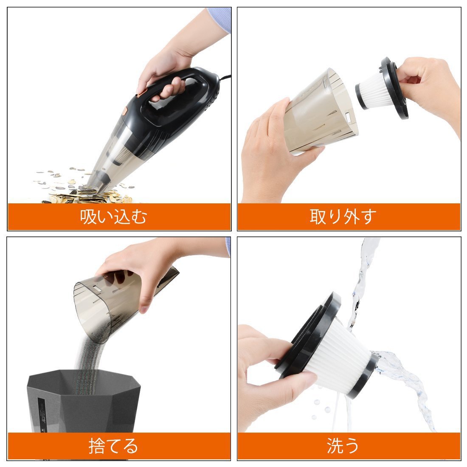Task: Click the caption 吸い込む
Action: pyautogui.click(x=113, y=217)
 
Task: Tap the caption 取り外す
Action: pyautogui.click(x=343, y=217)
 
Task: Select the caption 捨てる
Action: pyautogui.click(x=113, y=446)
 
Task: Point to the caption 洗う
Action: pyautogui.click(x=343, y=446)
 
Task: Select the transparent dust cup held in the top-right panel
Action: pyautogui.click(x=319, y=112)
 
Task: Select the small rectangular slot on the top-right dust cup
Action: pyautogui.click(x=348, y=116)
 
